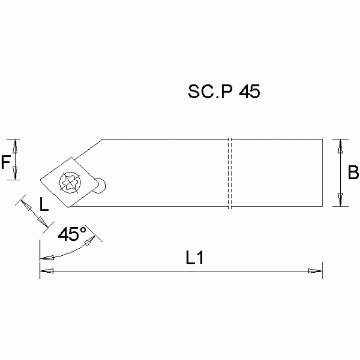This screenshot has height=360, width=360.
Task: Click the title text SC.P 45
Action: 223,92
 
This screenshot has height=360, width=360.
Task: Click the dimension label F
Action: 6,162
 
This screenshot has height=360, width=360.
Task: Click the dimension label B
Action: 353,173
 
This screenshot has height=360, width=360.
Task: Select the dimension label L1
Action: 194,258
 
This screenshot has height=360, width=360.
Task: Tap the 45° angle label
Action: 72,234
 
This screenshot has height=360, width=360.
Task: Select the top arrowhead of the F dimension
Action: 15,146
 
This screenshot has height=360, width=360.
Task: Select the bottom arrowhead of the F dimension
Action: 15,174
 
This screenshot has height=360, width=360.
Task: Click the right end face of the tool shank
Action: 322,173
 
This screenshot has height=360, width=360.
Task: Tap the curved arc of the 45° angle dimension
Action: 70,252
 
